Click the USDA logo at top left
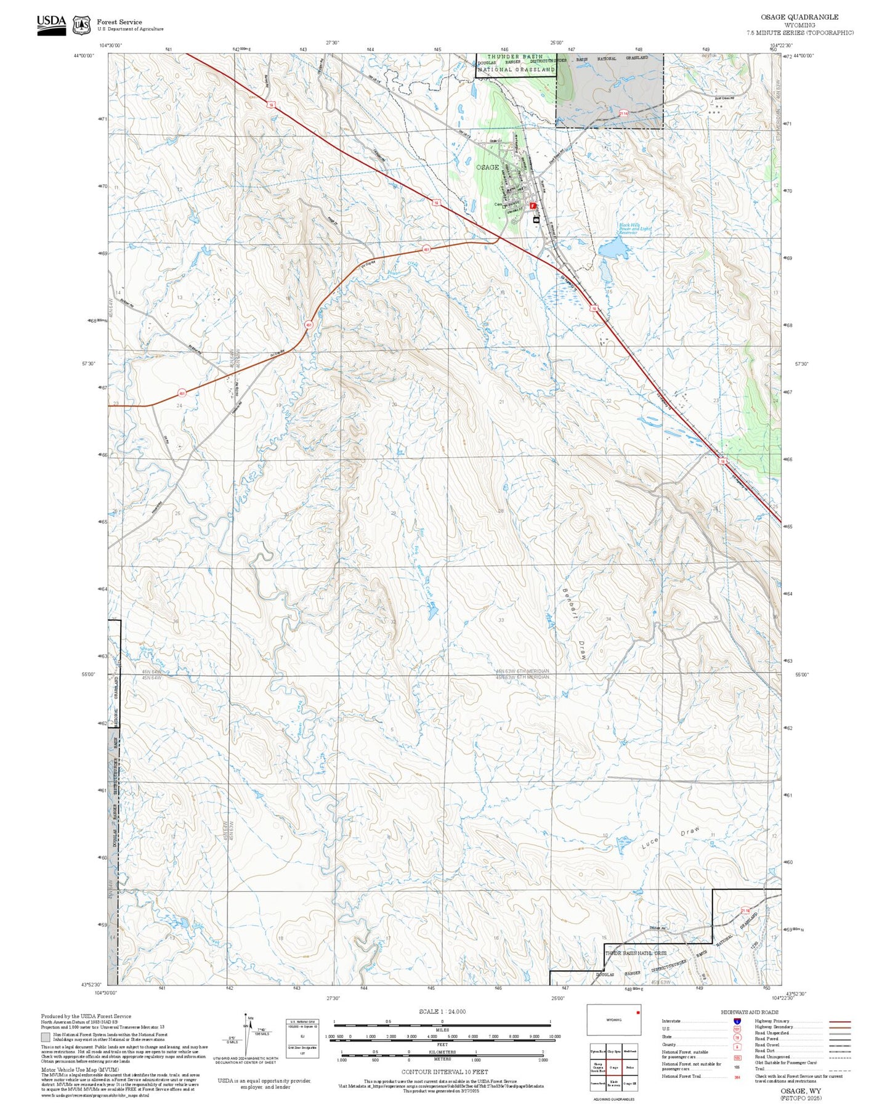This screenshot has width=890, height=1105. (x=51, y=25)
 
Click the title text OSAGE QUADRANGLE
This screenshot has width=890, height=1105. (x=799, y=17)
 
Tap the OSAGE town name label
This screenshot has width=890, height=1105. (x=487, y=168)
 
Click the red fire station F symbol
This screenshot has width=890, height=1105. (x=533, y=206)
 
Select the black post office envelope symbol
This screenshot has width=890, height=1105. (x=536, y=219)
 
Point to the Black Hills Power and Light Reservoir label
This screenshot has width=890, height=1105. (x=634, y=229)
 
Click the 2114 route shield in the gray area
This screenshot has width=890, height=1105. (x=623, y=113)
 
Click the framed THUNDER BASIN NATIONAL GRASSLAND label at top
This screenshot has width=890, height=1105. (x=516, y=63)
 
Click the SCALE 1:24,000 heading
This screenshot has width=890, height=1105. (x=442, y=1011)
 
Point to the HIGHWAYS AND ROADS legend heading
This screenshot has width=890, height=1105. (x=749, y=1012)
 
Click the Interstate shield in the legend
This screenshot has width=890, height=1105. (x=737, y=1021)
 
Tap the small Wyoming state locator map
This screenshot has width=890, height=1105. (x=613, y=1020)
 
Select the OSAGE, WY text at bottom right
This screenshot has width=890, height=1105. (x=800, y=1090)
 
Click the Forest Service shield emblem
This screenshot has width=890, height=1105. (x=81, y=25)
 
